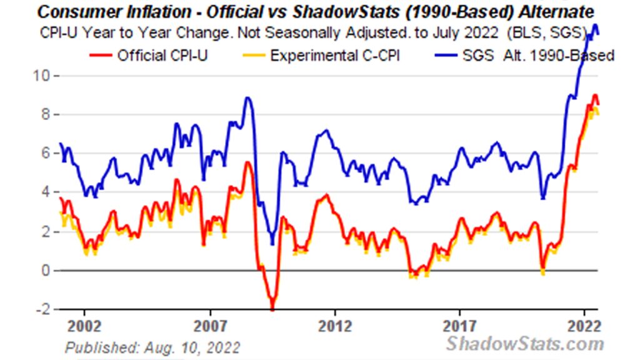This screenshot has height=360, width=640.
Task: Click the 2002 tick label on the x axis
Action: tap(84, 327)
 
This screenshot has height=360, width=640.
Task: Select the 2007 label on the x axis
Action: tap(211, 327)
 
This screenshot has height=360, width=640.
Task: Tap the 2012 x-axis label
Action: tap(335, 327)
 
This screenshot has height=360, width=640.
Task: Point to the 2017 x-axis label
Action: tap(460, 327)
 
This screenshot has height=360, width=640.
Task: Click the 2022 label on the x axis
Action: tap(584, 327)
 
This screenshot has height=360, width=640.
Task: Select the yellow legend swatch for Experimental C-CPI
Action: tap(256, 56)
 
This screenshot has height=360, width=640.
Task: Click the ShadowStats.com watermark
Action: tap(525, 343)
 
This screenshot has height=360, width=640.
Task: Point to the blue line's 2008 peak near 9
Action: tap(248, 98)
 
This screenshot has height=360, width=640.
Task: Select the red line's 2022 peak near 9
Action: tap(595, 96)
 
